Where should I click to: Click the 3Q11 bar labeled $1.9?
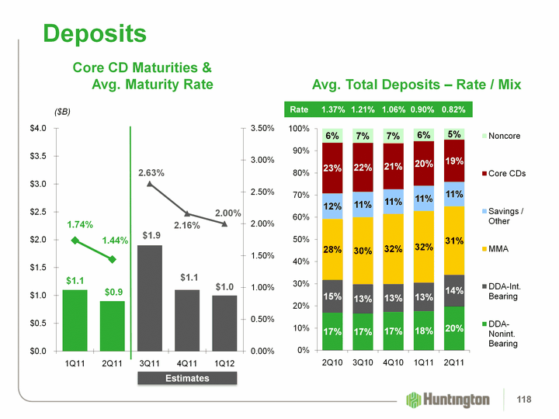(150, 298)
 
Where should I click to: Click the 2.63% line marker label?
(151, 172)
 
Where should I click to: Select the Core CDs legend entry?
(506, 172)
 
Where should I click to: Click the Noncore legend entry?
(505, 136)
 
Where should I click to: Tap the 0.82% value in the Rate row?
(455, 109)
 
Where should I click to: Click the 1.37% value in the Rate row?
(332, 109)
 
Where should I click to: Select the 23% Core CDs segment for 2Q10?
(332, 168)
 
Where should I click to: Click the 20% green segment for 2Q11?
(455, 328)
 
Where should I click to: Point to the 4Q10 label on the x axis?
(394, 362)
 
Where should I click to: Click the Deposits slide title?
(95, 33)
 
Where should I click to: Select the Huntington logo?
(449, 399)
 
